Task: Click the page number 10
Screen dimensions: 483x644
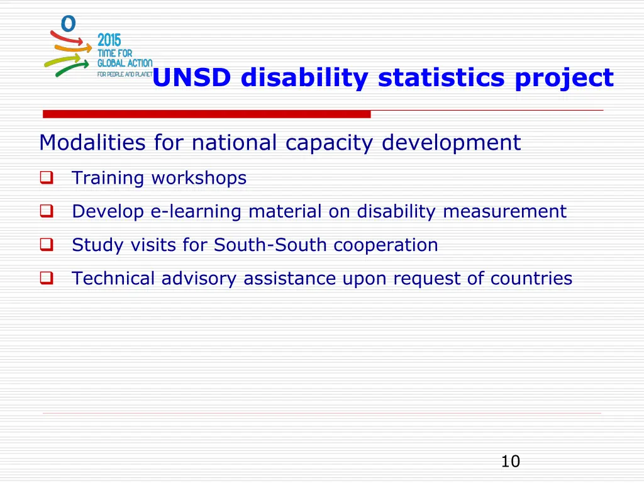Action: (510, 462)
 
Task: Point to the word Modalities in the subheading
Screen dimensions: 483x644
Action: (92, 143)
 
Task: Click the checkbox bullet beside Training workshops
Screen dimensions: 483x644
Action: (46, 178)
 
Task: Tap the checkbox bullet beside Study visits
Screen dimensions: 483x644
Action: (46, 245)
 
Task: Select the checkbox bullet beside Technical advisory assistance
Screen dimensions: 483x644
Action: (46, 278)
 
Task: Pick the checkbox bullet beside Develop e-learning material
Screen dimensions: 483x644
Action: (46, 211)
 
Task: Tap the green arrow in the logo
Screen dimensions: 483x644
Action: (71, 67)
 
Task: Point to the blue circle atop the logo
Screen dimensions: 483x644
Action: (68, 24)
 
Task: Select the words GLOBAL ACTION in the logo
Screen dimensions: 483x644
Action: (125, 63)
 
